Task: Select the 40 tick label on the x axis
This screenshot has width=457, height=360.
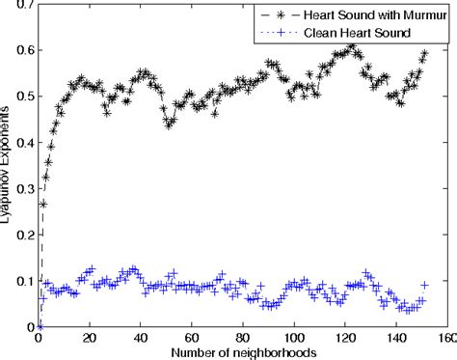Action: click(x=141, y=338)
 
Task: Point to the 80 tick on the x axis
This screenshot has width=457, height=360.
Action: click(x=243, y=338)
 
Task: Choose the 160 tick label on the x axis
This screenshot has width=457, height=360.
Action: click(x=446, y=338)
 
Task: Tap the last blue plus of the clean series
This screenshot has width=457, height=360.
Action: click(x=424, y=285)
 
